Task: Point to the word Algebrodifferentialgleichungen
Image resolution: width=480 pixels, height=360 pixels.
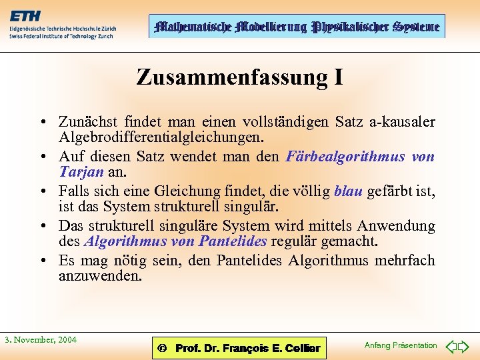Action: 161,137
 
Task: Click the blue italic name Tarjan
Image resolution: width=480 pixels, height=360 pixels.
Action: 81,172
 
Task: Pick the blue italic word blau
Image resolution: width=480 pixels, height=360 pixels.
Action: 347,191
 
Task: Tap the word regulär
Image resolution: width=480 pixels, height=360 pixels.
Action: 302,241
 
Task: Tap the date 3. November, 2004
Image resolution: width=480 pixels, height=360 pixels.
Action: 41,340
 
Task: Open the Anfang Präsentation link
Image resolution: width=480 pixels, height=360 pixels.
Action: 401,345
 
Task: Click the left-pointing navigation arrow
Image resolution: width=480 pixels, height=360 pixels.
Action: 451,346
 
